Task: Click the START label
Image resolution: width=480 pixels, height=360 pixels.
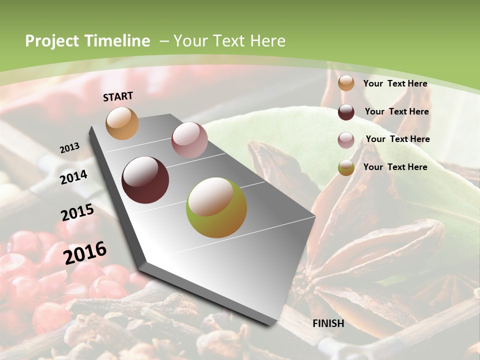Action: pos(118,96)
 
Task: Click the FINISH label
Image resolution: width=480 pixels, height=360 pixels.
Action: pos(328,323)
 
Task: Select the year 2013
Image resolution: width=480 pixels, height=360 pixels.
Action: pos(70,147)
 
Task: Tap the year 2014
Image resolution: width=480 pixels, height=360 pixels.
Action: pos(73,177)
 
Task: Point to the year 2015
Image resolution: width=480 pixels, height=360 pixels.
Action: pos(77,213)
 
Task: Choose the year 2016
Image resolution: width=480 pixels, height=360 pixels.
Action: pos(85,252)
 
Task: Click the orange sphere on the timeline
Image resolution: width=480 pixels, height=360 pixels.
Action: pos(122,123)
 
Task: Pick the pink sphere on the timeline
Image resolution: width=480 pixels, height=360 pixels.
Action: pos(189,140)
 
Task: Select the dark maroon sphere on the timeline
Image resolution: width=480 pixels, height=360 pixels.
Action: pos(145,180)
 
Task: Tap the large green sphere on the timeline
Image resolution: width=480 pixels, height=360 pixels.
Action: pos(216,207)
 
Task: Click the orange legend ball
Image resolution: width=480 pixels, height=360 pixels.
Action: pos(346,83)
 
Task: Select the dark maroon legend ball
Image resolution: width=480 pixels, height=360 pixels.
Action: pos(346,112)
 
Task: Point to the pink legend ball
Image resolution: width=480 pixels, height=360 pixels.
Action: pos(346,140)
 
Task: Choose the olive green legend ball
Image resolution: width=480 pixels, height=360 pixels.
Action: pos(346,168)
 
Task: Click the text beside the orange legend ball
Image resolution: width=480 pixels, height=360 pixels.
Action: pos(395,83)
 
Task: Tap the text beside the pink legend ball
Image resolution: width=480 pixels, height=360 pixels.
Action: pos(397,139)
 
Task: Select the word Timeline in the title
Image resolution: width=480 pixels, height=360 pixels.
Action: pos(117,41)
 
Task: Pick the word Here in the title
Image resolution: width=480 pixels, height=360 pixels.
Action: pos(267,41)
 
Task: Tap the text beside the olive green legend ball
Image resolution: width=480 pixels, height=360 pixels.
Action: pos(395,167)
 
